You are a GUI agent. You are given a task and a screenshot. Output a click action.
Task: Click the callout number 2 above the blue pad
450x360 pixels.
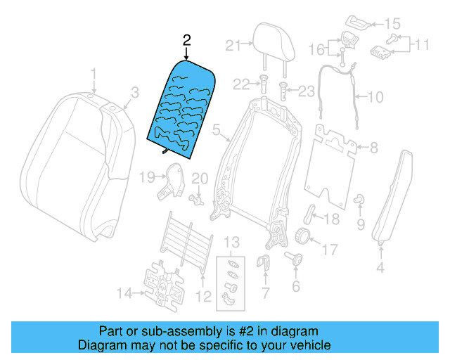[x=186, y=40]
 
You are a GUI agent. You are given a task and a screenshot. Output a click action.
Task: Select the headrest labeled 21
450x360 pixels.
[x=273, y=41]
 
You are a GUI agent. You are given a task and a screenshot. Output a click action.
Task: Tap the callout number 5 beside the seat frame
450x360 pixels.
[x=217, y=129]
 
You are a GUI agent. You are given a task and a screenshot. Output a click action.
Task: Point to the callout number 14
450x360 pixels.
[x=124, y=293]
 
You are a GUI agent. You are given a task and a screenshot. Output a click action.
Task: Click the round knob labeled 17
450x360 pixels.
[x=303, y=236]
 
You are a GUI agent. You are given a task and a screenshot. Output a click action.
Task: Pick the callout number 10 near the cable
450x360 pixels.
[x=375, y=97]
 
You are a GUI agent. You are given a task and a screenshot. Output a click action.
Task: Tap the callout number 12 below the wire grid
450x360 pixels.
[x=203, y=297]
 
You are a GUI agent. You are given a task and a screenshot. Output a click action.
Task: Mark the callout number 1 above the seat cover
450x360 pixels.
[x=92, y=73]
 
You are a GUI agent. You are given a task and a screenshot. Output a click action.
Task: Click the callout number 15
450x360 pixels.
[x=392, y=24]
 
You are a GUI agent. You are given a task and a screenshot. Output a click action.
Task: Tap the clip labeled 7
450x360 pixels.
[x=266, y=265]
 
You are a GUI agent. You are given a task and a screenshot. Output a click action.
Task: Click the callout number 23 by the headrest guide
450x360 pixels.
[x=307, y=90]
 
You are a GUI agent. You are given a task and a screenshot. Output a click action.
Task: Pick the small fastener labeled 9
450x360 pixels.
[x=359, y=200]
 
